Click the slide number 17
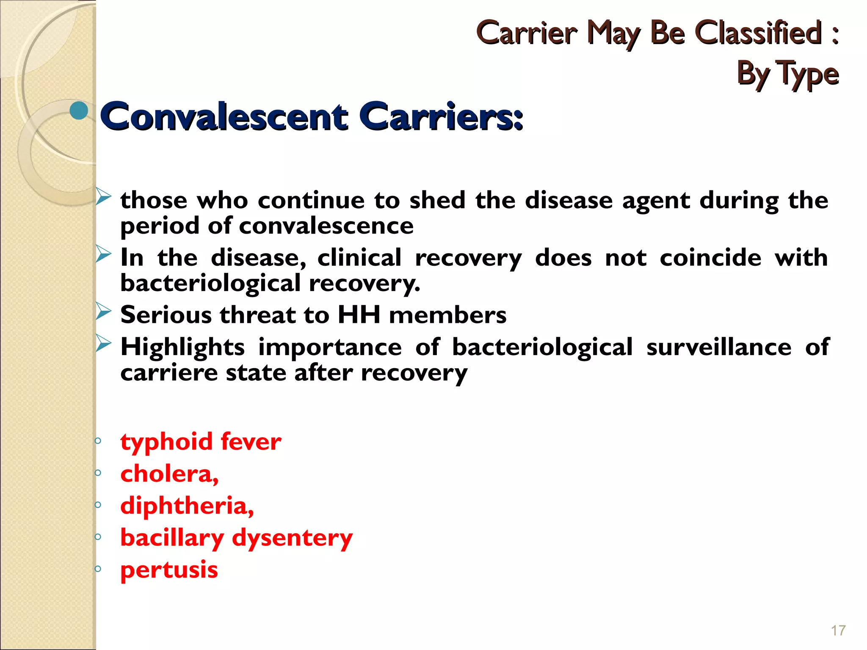[x=838, y=631]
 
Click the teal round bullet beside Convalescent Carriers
[x=79, y=110]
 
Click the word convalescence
[x=326, y=226]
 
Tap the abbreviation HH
[x=359, y=315]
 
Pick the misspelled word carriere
[x=168, y=373]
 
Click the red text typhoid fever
[x=201, y=442]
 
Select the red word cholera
[x=169, y=474]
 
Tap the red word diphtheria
[x=187, y=506]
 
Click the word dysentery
[x=292, y=538]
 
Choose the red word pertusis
[x=169, y=570]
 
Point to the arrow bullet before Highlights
[x=103, y=343]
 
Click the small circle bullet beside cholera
[x=98, y=473]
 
